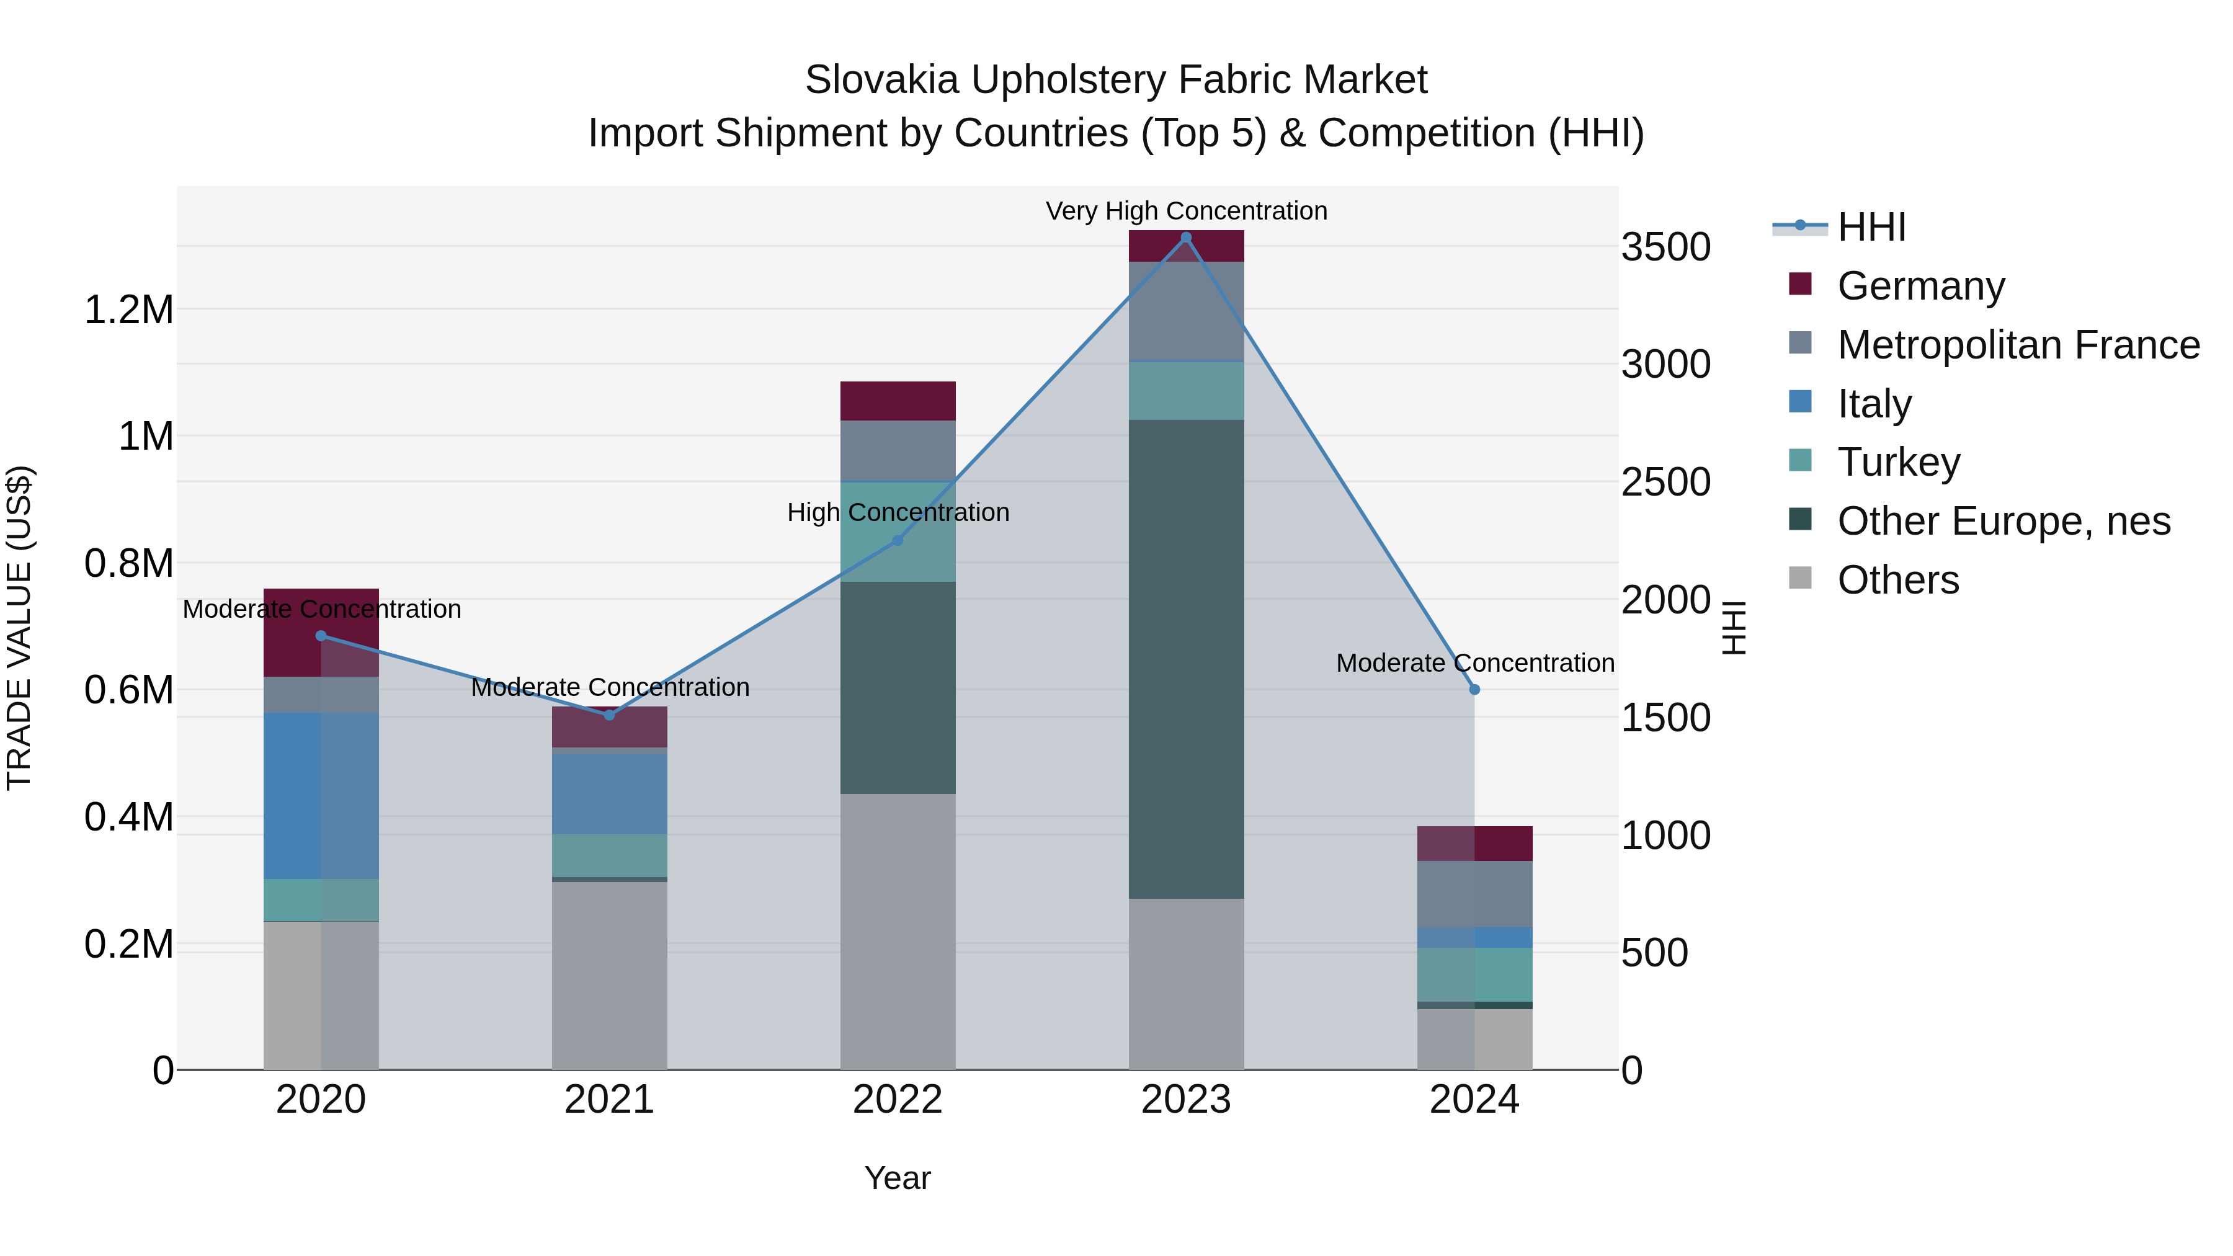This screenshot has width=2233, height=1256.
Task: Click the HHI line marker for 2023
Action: [1186, 238]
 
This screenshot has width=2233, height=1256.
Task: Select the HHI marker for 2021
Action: [609, 715]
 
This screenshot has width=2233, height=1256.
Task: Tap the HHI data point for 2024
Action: [1474, 689]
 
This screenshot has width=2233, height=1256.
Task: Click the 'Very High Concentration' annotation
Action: [1186, 211]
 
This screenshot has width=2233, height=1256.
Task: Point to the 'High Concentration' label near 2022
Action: [898, 512]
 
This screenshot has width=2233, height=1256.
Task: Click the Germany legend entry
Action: [1921, 285]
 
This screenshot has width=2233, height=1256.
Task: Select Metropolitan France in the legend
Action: [2018, 344]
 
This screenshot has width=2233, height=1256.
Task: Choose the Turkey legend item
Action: [1899, 462]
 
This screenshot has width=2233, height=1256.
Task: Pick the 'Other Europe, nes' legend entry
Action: [2003, 521]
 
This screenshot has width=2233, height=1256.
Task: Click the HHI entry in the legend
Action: [1871, 227]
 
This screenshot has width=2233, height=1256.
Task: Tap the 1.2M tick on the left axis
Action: [128, 310]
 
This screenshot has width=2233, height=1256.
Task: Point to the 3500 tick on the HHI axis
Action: [1665, 247]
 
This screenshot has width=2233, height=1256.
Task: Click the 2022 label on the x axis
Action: [897, 1100]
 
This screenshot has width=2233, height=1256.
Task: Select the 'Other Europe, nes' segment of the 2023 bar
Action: [1186, 659]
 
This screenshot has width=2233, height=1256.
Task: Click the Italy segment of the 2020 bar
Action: [321, 796]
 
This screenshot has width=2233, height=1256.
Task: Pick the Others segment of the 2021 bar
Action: [609, 975]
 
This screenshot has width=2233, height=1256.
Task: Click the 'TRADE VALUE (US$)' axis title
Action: [19, 628]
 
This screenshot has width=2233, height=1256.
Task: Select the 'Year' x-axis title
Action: [897, 1178]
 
